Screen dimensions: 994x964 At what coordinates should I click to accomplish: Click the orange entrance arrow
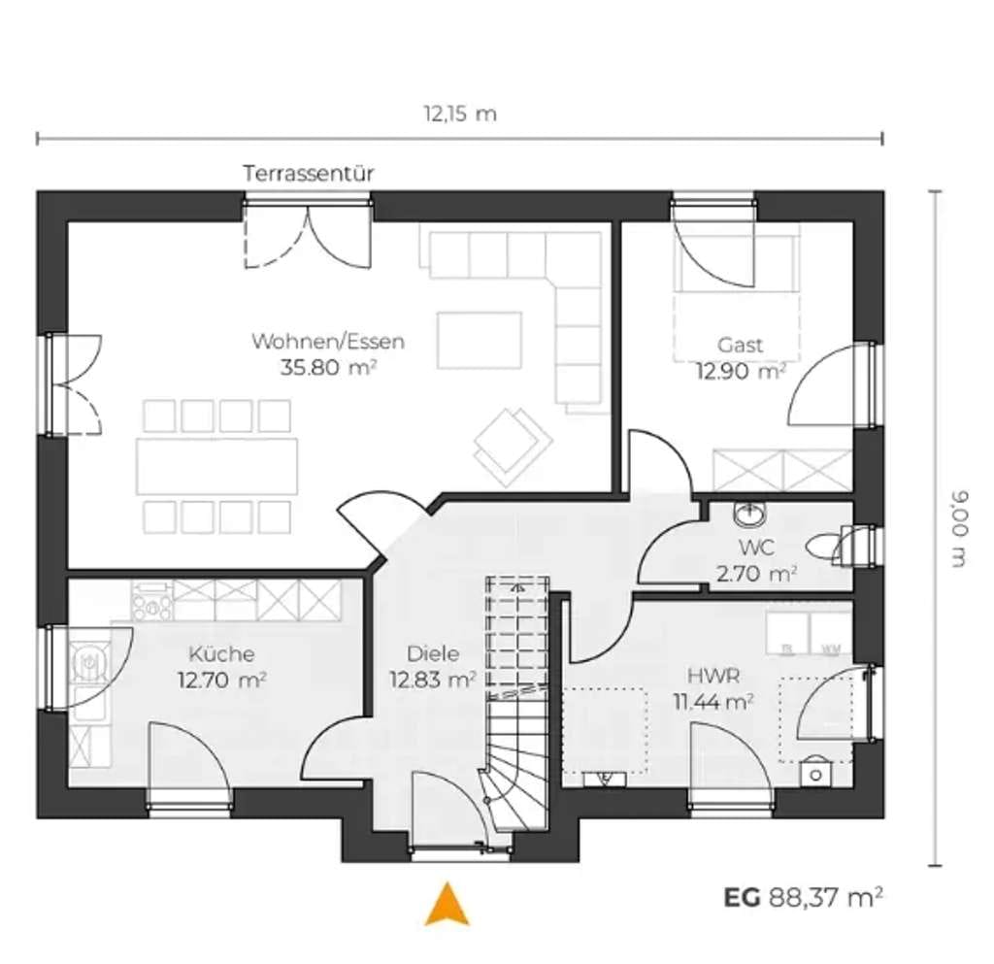[447, 904]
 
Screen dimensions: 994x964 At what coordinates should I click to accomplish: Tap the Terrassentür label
[309, 174]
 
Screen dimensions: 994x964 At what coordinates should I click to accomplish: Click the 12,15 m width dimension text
[460, 115]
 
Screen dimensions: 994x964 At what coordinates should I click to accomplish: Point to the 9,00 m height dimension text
[959, 528]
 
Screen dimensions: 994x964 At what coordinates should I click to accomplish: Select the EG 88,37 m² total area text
[804, 897]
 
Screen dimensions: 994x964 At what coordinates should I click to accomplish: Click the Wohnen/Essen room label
[328, 341]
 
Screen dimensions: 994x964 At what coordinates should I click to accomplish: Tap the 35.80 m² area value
[329, 367]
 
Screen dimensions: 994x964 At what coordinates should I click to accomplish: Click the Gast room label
[740, 345]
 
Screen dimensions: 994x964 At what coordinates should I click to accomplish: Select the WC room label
[756, 547]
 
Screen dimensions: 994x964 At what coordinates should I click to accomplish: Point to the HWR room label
[713, 676]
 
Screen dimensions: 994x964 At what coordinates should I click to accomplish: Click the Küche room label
[222, 653]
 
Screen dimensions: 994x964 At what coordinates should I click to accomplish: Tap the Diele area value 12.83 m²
[432, 681]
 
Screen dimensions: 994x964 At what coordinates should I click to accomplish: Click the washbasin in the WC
[750, 514]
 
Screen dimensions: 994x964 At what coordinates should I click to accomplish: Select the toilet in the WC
[825, 548]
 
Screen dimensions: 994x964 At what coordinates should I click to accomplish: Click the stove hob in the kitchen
[151, 600]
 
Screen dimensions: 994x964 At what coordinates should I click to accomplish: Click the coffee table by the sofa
[480, 340]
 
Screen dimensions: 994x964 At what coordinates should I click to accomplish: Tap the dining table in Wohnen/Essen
[216, 466]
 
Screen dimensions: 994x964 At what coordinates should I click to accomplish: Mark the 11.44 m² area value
[713, 702]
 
